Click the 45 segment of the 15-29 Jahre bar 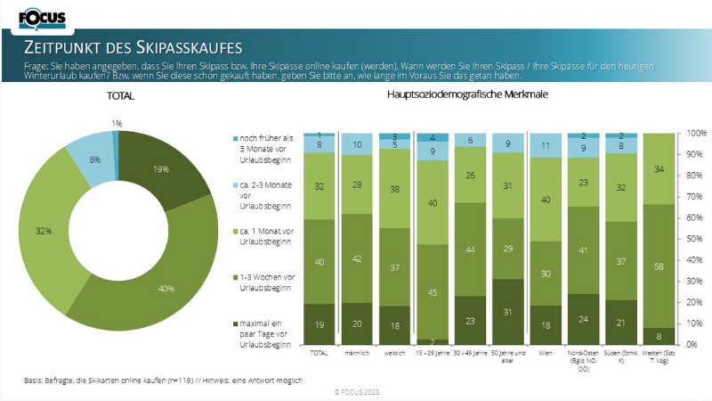[433, 291]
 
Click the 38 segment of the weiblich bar [395, 189]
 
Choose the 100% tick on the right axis [697, 134]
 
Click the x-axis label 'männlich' [357, 354]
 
